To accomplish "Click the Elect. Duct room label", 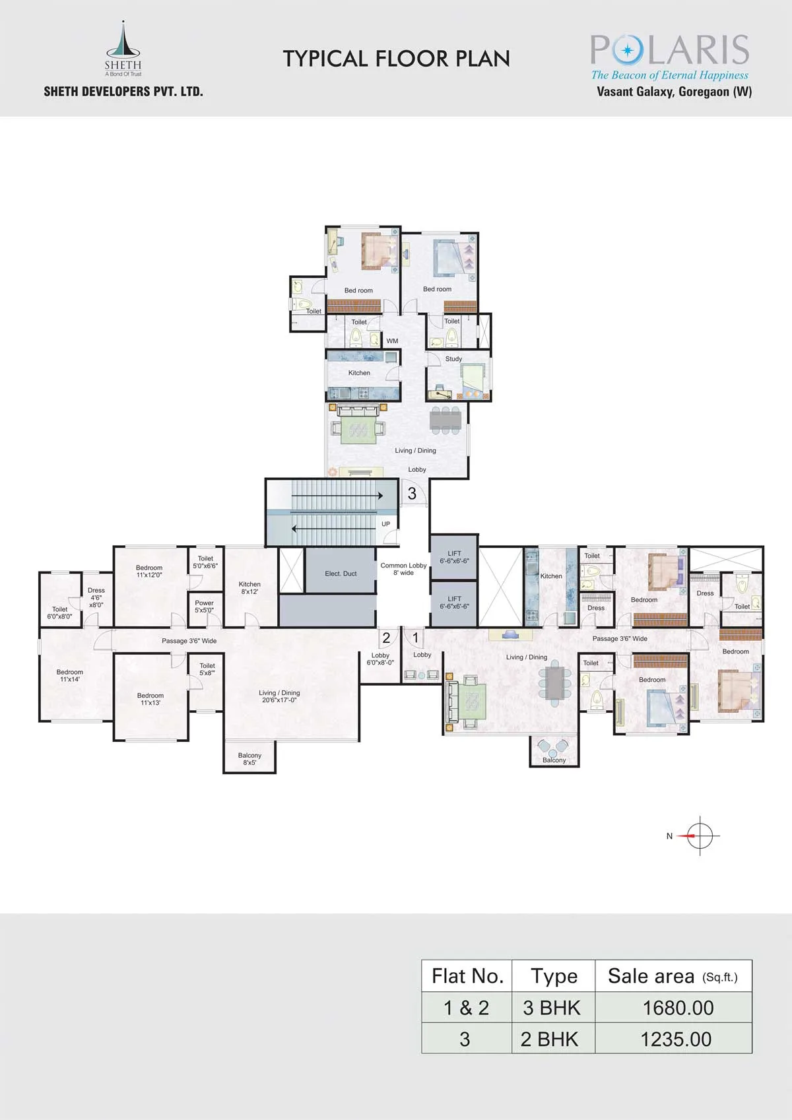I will [341, 574].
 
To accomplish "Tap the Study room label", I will [453, 359].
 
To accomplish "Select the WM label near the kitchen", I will [392, 341].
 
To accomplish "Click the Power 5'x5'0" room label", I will [204, 607].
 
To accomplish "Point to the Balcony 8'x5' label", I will [249, 759].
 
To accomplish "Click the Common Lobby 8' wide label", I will [403, 569].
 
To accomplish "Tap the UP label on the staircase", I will [385, 524].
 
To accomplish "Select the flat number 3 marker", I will [412, 493].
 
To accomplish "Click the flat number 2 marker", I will [386, 638].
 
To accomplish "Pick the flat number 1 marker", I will [415, 638].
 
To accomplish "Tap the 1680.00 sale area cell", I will [678, 1008].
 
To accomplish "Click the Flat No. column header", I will [467, 976].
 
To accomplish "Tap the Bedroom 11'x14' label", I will [69, 675].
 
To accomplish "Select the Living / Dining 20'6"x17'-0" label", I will [280, 696].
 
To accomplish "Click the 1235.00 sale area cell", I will [676, 1039].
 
